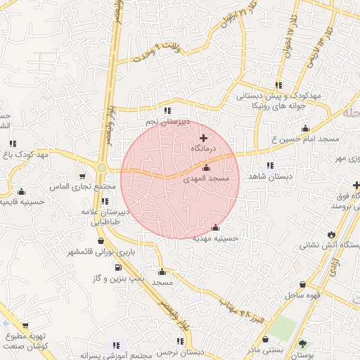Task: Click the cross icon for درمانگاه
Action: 204,138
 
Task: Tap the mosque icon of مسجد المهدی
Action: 206,168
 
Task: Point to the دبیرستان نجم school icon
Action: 167,110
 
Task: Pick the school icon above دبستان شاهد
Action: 270,165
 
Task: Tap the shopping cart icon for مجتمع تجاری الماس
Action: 83,176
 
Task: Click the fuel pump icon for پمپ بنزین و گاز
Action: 117,267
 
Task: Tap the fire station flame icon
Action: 331,233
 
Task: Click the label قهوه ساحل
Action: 303,295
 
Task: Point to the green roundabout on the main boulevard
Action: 103,168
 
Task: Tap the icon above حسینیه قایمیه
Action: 21,191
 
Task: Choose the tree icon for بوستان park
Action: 302,344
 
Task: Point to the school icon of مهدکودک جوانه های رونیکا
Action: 280,85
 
